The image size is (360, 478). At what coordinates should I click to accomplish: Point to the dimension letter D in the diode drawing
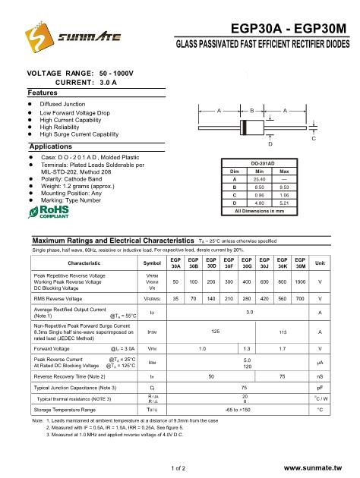tap(271, 143)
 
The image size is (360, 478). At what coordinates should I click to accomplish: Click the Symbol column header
tap(152, 263)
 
